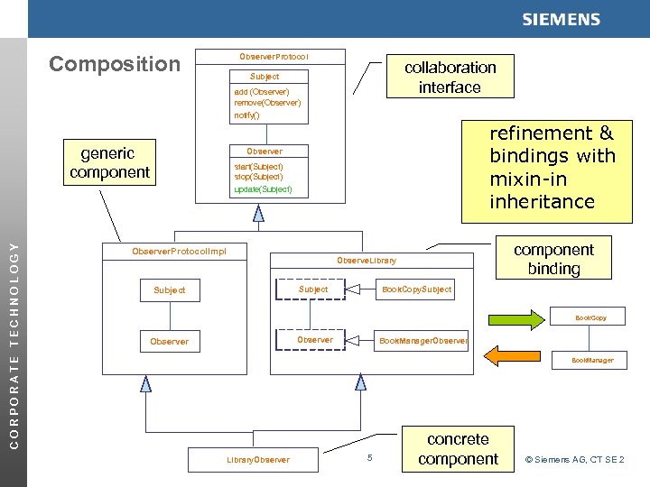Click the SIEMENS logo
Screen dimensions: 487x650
tap(560, 20)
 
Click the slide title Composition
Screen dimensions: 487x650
tap(115, 64)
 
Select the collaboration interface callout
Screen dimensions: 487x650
tap(450, 78)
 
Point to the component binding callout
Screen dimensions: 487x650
tap(553, 259)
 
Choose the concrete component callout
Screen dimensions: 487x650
tap(458, 448)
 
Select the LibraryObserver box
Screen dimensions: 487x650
tap(258, 459)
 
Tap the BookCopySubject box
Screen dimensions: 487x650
tap(416, 289)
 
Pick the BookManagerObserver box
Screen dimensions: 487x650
tap(422, 341)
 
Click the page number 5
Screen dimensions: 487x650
tap(370, 459)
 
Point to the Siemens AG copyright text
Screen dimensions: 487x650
tap(574, 460)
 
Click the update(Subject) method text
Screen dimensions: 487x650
tap(263, 189)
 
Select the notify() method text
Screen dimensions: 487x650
tap(246, 115)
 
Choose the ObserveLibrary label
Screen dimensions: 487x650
tap(367, 261)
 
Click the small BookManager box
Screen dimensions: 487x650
tap(591, 360)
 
